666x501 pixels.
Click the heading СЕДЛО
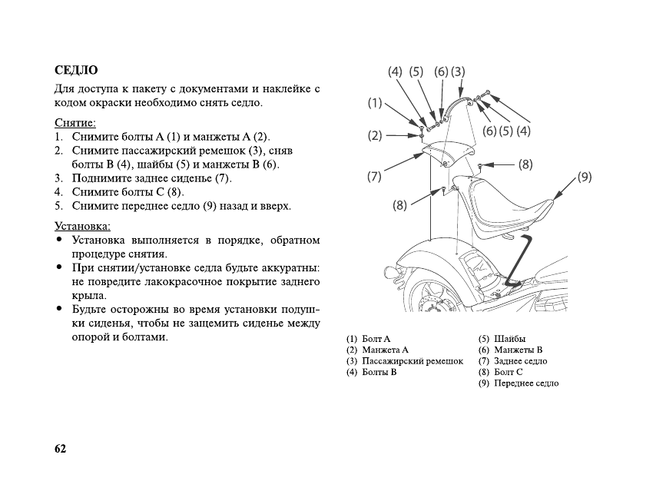[76, 71]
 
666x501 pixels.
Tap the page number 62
[61, 449]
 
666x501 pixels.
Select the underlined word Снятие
[75, 123]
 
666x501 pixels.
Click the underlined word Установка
[83, 226]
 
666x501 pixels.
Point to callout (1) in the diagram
[374, 101]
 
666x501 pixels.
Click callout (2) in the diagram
[374, 136]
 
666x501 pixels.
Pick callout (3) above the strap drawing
[459, 71]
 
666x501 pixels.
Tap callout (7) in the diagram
[374, 177]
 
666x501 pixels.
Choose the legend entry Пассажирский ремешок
[405, 361]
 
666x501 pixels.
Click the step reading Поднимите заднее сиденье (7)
[151, 178]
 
